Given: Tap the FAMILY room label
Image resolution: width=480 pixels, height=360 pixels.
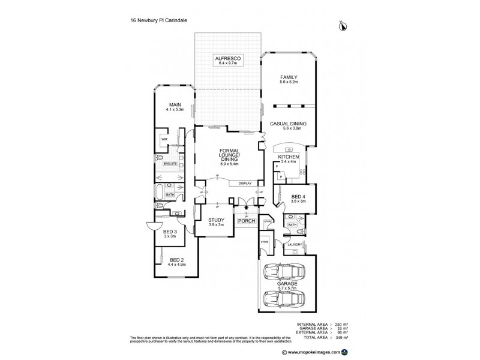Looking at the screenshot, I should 289,77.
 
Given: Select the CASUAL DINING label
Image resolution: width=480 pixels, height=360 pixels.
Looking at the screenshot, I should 289,124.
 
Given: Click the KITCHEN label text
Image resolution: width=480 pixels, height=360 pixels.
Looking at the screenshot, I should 288,157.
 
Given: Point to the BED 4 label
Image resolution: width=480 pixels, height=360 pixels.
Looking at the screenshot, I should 298,197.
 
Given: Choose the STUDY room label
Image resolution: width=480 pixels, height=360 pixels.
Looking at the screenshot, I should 216,220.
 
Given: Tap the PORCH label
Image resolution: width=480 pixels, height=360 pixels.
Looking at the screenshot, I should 246,221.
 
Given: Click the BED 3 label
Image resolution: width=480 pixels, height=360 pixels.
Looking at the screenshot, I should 170,232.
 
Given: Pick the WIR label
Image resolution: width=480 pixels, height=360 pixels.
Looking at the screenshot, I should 163,139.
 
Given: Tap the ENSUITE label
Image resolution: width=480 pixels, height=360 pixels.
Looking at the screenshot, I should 170,163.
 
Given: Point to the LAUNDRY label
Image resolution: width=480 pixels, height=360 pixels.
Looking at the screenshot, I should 293,244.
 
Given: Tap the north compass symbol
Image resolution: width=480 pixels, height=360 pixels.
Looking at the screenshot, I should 343,25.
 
